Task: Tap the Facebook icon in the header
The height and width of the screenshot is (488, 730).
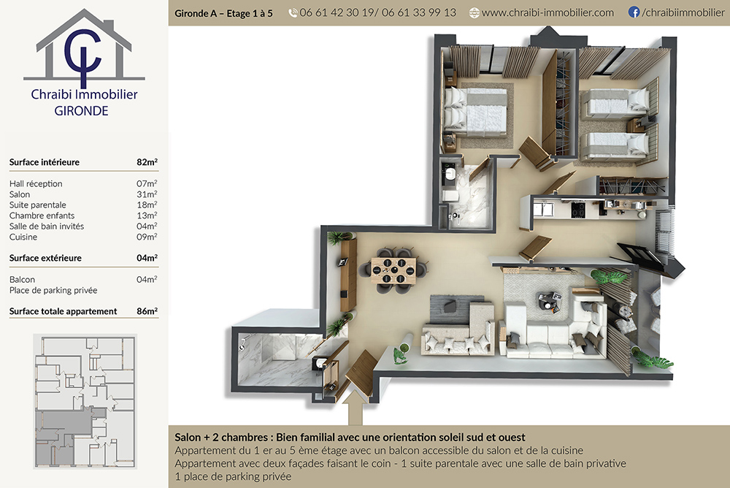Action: tap(634, 12)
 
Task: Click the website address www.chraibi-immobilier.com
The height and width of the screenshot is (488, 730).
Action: tap(547, 12)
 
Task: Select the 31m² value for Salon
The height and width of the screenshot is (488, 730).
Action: tap(147, 194)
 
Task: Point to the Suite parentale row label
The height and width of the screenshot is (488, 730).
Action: tap(38, 205)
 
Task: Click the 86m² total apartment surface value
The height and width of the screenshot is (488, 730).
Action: tap(147, 311)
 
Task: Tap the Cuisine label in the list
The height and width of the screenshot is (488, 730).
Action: tap(23, 237)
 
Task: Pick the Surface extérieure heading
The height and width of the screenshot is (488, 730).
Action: tap(45, 258)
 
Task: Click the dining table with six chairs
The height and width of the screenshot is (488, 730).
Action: tap(394, 270)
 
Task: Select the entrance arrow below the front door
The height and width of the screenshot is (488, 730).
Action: tap(356, 408)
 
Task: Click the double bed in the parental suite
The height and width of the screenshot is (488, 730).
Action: tap(475, 113)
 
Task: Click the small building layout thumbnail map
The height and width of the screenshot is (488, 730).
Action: tap(85, 401)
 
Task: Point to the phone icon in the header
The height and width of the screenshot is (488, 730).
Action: tap(293, 12)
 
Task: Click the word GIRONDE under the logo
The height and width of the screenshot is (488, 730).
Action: tap(82, 111)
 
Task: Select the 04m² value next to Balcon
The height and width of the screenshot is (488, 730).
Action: tap(147, 279)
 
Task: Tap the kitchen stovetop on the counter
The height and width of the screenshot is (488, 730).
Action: tap(577, 210)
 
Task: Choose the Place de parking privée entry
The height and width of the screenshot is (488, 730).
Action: tap(53, 290)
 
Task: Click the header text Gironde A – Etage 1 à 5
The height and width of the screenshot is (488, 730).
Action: tap(223, 13)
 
